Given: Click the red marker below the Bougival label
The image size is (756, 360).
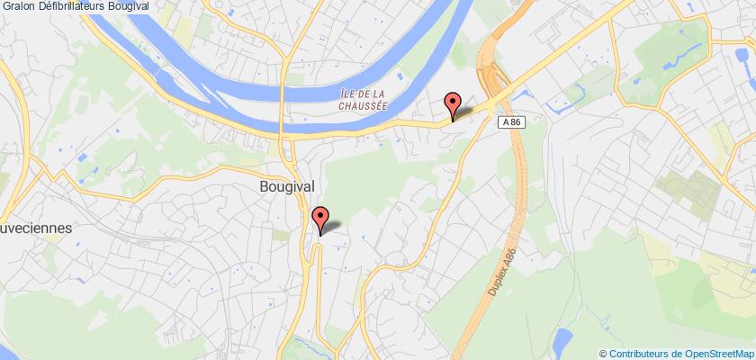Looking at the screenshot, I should [x=319, y=218].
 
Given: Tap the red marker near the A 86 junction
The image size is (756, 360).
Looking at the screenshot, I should [x=453, y=104].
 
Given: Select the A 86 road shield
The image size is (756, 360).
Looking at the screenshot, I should [x=511, y=121].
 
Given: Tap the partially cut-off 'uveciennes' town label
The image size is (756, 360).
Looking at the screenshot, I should [x=35, y=229].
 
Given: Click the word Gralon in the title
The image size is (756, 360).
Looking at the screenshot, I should [x=19, y=6].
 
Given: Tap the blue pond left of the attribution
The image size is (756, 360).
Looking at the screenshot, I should [x=563, y=340].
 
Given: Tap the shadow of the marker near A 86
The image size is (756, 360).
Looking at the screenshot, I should [x=464, y=112].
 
